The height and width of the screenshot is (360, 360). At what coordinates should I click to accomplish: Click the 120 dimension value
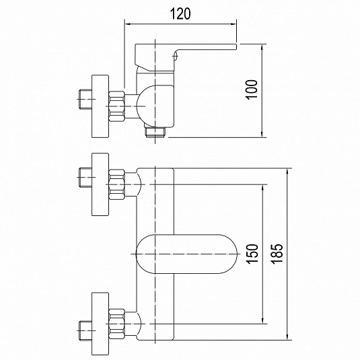pyautogui.click(x=180, y=13)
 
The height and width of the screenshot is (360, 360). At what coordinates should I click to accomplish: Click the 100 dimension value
pyautogui.click(x=252, y=89)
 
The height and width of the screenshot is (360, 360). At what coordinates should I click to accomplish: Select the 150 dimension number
pyautogui.click(x=252, y=254)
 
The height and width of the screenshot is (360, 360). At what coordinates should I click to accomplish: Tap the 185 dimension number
pyautogui.click(x=277, y=254)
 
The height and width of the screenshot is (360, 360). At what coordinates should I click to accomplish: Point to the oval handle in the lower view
pyautogui.click(x=186, y=254)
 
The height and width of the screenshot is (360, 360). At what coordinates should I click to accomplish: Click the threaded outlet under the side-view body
pyautogui.click(x=155, y=133)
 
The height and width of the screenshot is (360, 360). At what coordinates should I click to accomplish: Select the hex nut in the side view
pyautogui.click(x=116, y=106)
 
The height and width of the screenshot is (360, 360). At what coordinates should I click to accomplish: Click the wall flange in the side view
pyautogui.click(x=100, y=106)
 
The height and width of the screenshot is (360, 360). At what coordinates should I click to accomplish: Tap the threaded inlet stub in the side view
pyautogui.click(x=85, y=99)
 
